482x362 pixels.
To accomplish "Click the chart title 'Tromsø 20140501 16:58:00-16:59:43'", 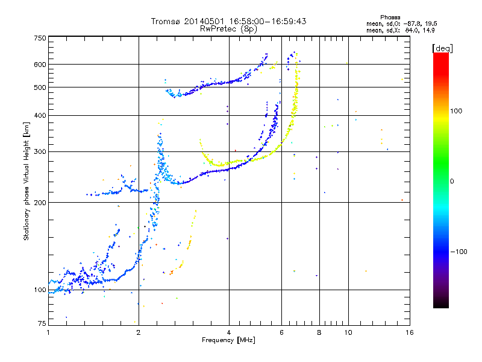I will (x=228, y=21).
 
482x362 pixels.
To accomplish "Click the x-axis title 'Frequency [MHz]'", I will (x=228, y=340).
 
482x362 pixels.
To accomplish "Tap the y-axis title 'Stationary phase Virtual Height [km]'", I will (x=27, y=181).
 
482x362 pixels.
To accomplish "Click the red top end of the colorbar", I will (x=441, y=56).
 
